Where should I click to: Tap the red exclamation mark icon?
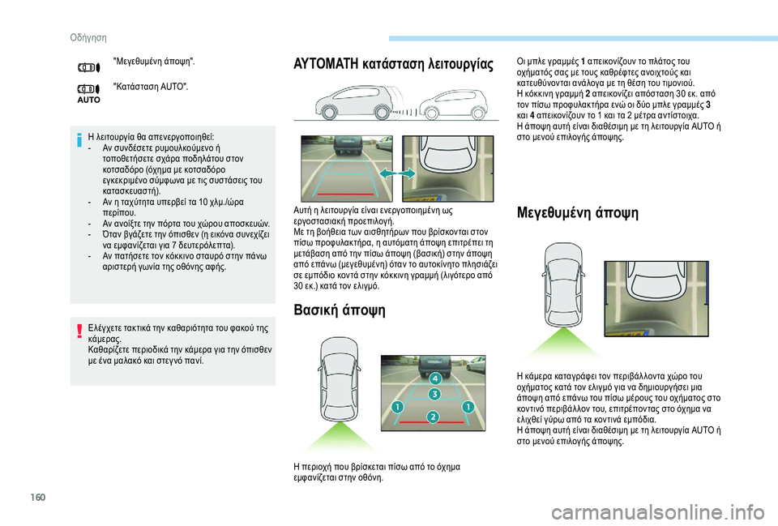click(78, 331)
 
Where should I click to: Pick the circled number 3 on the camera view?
click(434, 395)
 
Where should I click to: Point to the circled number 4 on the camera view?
click(434, 378)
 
